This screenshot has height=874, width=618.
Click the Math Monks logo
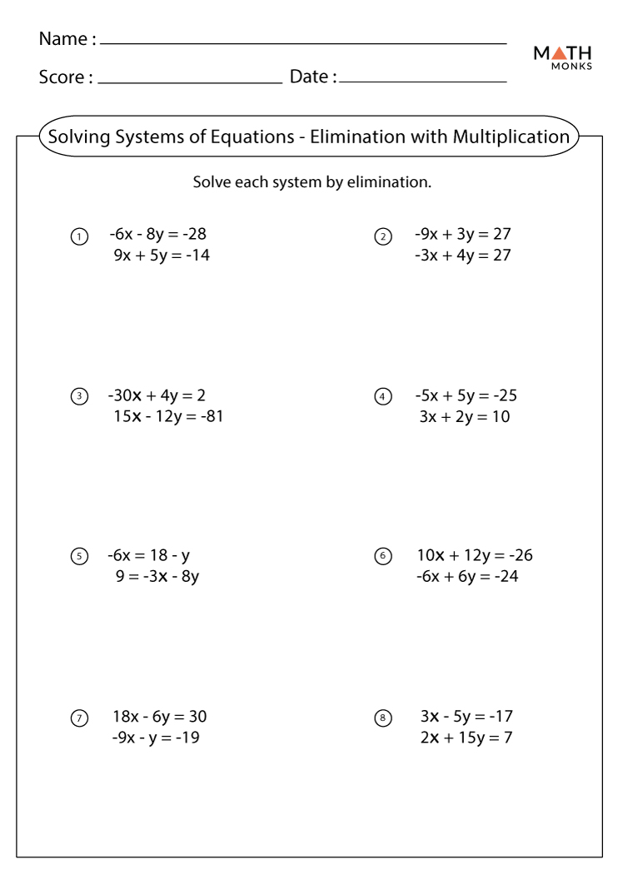564,57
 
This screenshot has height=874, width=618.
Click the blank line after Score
190,82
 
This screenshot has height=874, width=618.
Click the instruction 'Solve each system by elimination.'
311,181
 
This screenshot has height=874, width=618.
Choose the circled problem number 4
383,397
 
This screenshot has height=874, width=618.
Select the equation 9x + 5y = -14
162,256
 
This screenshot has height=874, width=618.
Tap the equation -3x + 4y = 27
463,256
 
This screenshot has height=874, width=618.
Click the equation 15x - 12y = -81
167,416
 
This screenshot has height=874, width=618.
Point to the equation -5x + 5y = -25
471,395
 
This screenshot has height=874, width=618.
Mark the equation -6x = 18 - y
154,555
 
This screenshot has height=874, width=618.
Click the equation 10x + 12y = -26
475,555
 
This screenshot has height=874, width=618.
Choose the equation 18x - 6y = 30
160,716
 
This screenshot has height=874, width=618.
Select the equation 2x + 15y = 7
466,737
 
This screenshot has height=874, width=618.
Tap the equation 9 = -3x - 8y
157,576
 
